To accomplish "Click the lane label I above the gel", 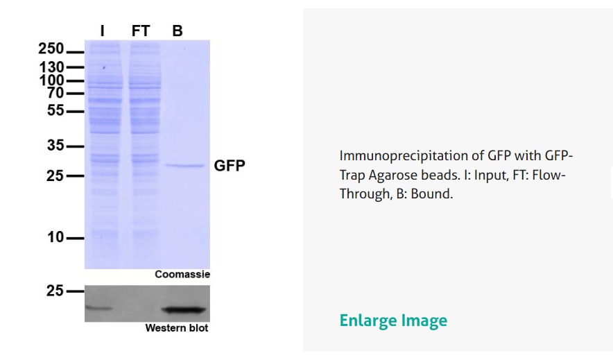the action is (x=103, y=31).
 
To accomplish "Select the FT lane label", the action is (x=141, y=31).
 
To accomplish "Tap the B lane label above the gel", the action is (x=178, y=31).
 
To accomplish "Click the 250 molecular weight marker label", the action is (x=51, y=49).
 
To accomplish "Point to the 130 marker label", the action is (x=51, y=67).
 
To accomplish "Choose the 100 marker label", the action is (x=51, y=80).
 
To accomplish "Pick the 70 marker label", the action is (x=55, y=93).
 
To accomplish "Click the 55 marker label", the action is (x=55, y=110).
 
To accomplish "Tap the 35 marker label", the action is (x=55, y=146).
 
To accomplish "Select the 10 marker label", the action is (x=55, y=237).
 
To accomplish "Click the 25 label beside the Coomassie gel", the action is (x=55, y=176).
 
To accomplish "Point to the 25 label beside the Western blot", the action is (x=55, y=291).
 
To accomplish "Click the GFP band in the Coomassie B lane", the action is (x=184, y=166).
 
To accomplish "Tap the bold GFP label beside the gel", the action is (x=230, y=166).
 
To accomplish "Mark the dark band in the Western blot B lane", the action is (x=184, y=310).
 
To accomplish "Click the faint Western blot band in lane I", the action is (x=98, y=309).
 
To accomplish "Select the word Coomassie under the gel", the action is (x=182, y=275).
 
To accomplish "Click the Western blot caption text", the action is (x=177, y=328).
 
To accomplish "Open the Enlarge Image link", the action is (x=393, y=321).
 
